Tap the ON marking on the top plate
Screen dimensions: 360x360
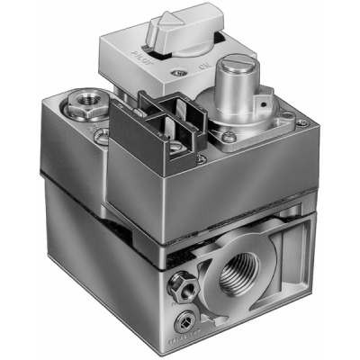[204, 65]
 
